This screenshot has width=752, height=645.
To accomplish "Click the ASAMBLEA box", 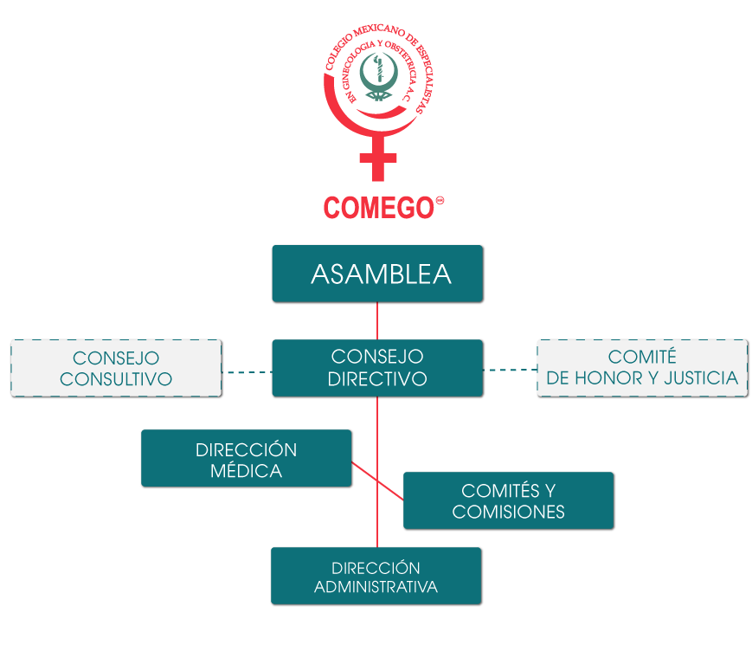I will (x=376, y=274).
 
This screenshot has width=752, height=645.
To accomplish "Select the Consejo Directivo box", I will (x=376, y=368).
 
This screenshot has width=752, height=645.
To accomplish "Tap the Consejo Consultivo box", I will (x=116, y=368).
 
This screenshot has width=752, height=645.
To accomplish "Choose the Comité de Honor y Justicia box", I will (x=642, y=368).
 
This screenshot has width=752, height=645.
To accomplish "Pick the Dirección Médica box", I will (x=246, y=458).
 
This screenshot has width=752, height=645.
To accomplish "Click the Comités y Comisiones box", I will (x=508, y=500).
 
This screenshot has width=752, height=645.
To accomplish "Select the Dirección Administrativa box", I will (x=376, y=576).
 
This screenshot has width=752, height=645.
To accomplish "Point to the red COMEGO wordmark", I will (x=378, y=208).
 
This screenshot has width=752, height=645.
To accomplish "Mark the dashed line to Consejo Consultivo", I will (x=247, y=372).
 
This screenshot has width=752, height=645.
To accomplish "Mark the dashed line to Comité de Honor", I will (x=510, y=370).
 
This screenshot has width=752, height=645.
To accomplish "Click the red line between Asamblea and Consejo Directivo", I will (x=377, y=320).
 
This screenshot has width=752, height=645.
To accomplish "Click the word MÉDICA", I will (x=246, y=471).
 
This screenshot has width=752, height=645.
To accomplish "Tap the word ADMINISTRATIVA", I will (x=376, y=587).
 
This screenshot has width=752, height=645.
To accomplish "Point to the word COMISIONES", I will (x=508, y=512).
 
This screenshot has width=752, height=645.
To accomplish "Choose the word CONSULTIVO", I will (x=116, y=379).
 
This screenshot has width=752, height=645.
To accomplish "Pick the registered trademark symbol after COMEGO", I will (x=440, y=200).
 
